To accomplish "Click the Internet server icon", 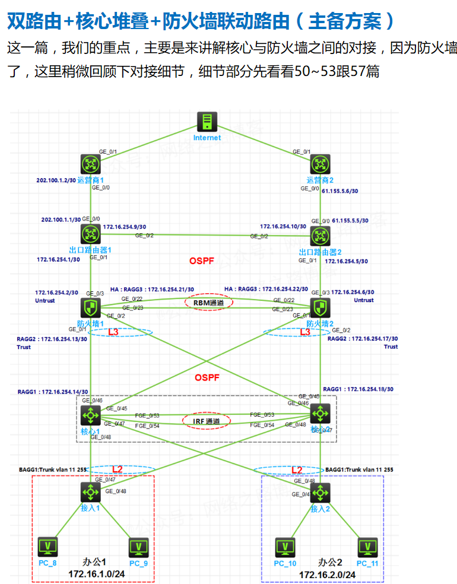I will pos(207,122).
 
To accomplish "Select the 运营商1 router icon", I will pos(90,164).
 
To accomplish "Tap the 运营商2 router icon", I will pos(320,164).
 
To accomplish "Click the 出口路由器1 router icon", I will pos(90,233).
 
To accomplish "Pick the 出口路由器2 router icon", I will pos(320,233).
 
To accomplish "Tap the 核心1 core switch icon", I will pos(90,414).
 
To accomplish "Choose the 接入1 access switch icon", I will pos(90,491).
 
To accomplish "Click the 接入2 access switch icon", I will pos(320,491).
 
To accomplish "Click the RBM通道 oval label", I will pos(209,302).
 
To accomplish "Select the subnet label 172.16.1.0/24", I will pos(95,574).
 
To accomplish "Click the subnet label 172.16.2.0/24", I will pos(327,575).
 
